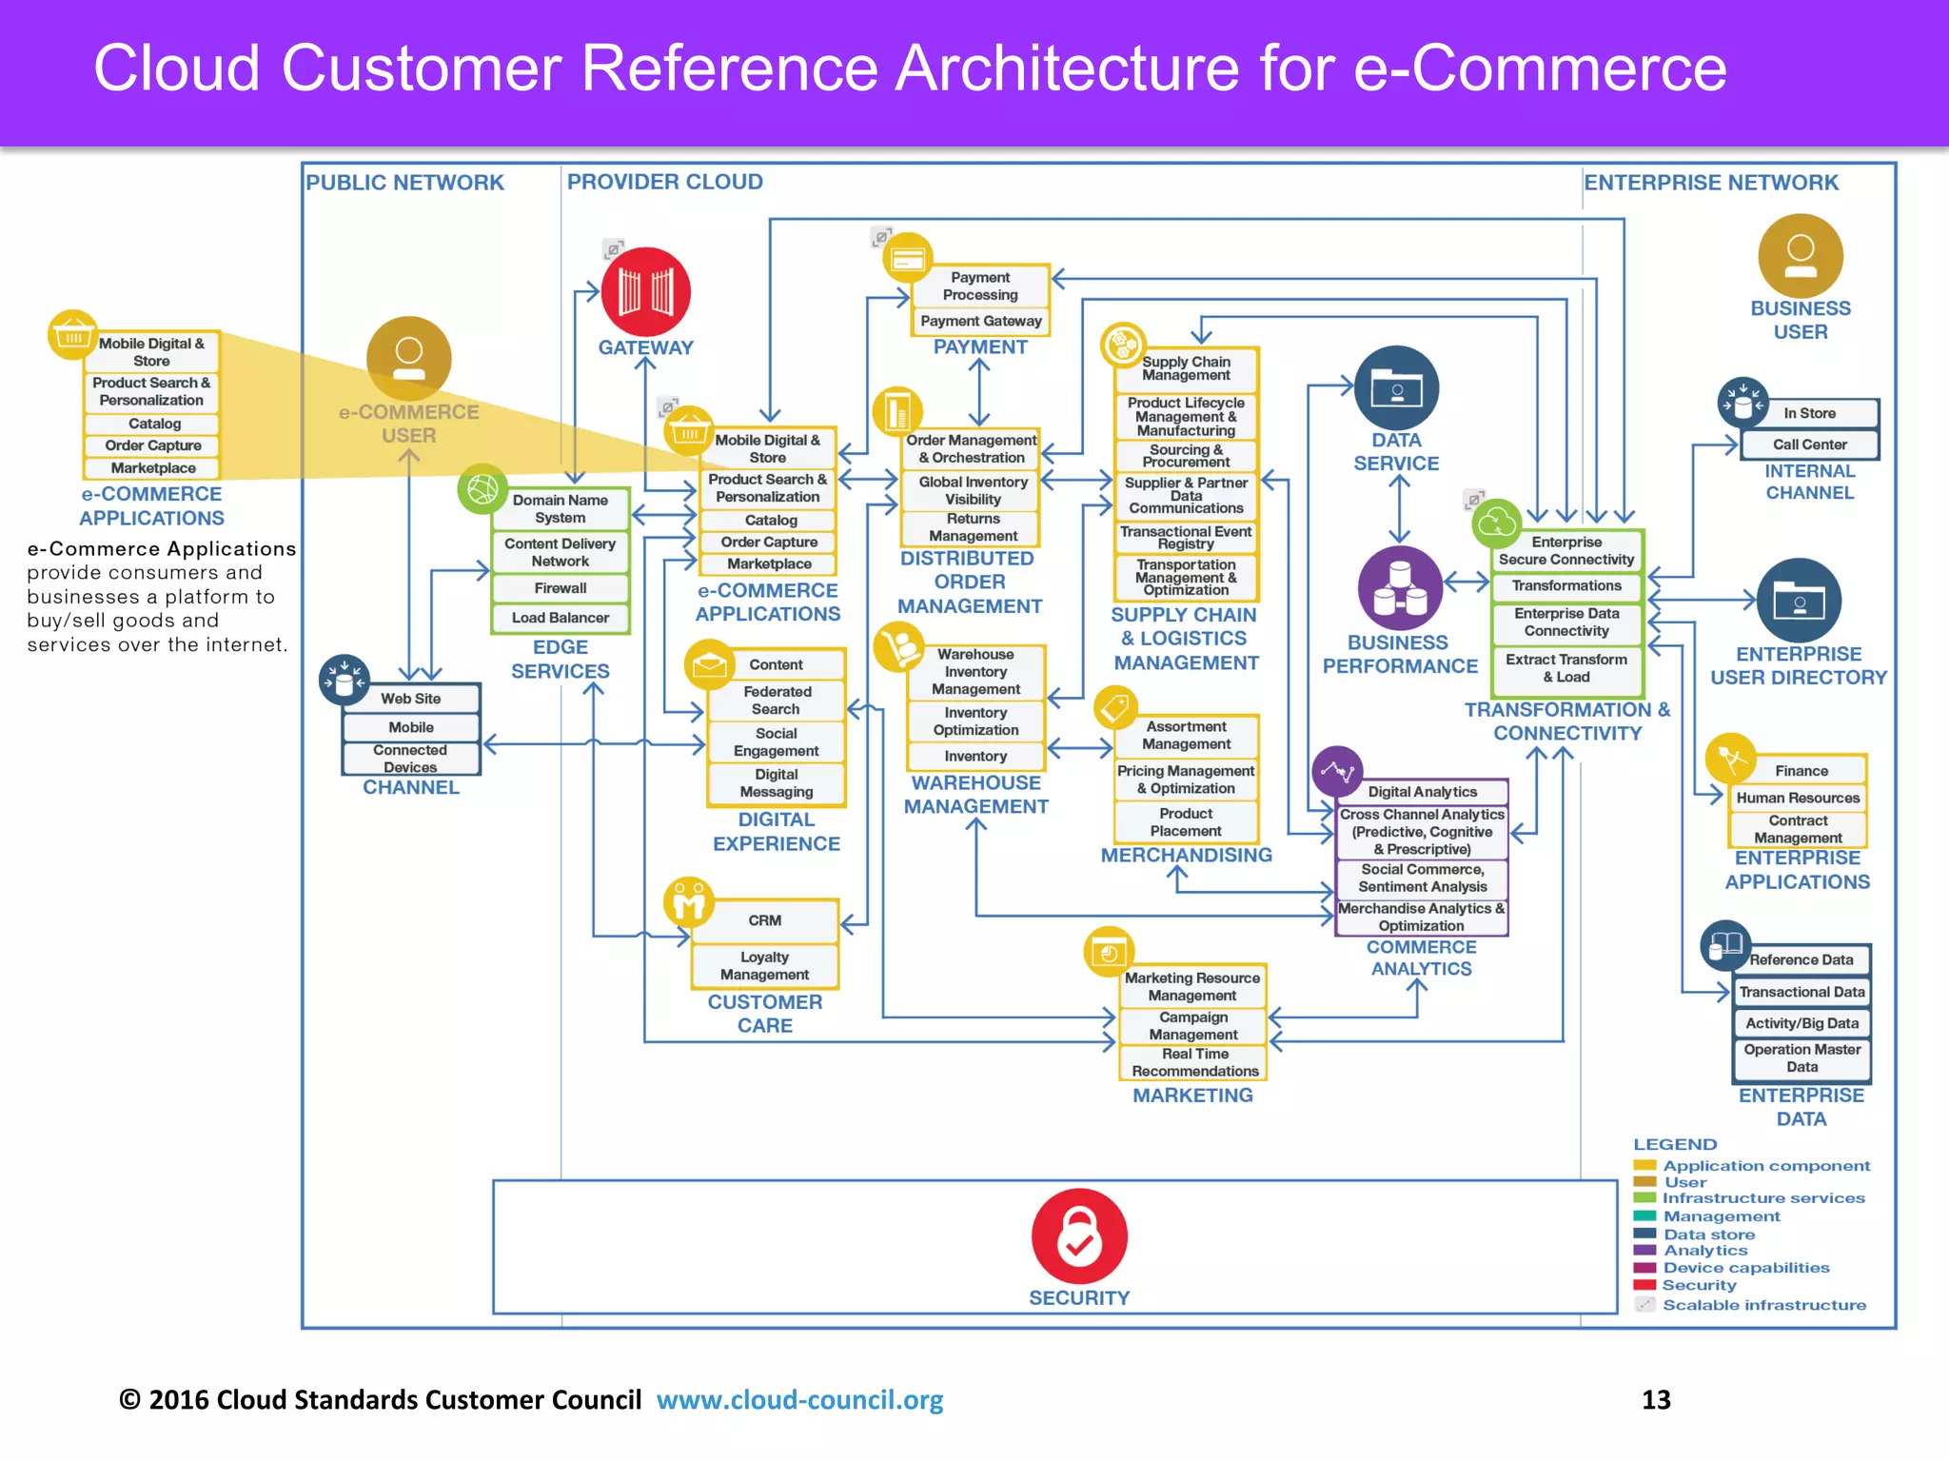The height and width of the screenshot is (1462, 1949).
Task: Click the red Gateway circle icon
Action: click(x=645, y=291)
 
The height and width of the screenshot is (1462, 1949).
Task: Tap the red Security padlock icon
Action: click(x=1079, y=1235)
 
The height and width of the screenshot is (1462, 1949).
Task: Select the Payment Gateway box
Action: click(x=980, y=322)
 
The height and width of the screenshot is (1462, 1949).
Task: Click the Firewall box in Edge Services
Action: click(x=560, y=588)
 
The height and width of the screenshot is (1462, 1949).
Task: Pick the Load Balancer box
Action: click(x=560, y=618)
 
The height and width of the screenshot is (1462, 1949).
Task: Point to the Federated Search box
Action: click(x=777, y=701)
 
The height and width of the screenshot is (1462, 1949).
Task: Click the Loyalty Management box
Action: click(x=764, y=966)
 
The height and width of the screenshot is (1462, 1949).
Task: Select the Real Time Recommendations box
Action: click(x=1194, y=1062)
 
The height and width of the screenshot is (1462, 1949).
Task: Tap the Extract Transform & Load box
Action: click(x=1565, y=668)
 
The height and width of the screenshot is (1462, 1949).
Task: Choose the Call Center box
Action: click(x=1809, y=445)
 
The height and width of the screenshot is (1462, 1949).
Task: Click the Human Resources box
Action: click(x=1797, y=798)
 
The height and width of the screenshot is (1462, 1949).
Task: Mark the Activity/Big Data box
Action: click(x=1801, y=1023)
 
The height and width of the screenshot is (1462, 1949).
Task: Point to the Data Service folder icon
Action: click(x=1396, y=387)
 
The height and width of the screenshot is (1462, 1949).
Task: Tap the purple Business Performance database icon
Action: click(x=1399, y=588)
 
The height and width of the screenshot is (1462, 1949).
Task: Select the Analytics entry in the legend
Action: click(x=1704, y=1251)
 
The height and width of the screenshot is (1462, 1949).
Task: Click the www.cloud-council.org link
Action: click(x=799, y=1400)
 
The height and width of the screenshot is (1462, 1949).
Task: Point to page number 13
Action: click(x=1656, y=1400)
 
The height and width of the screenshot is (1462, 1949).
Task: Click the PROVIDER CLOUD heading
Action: click(x=664, y=182)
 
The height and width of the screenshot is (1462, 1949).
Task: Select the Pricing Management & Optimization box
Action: click(x=1186, y=780)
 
